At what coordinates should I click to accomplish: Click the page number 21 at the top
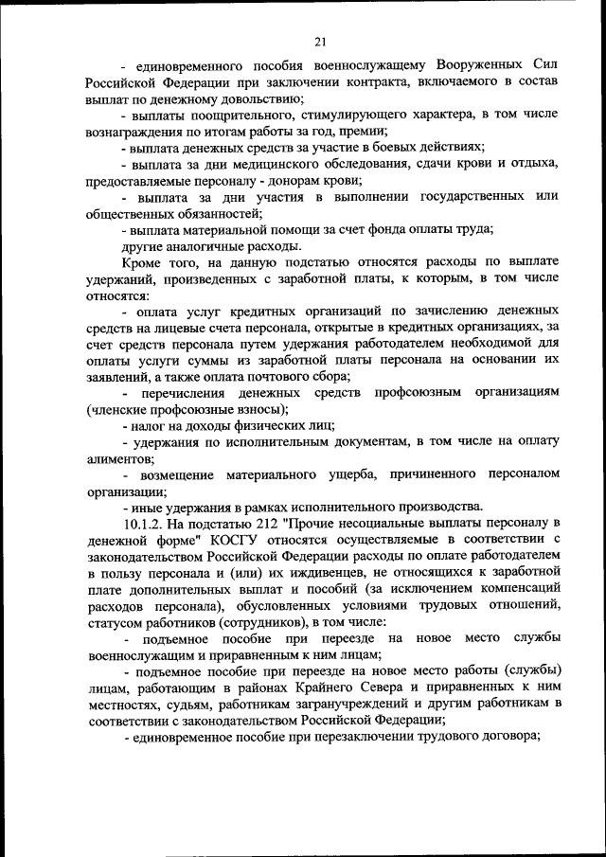coord(319,40)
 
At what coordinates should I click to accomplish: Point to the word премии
coord(361,131)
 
